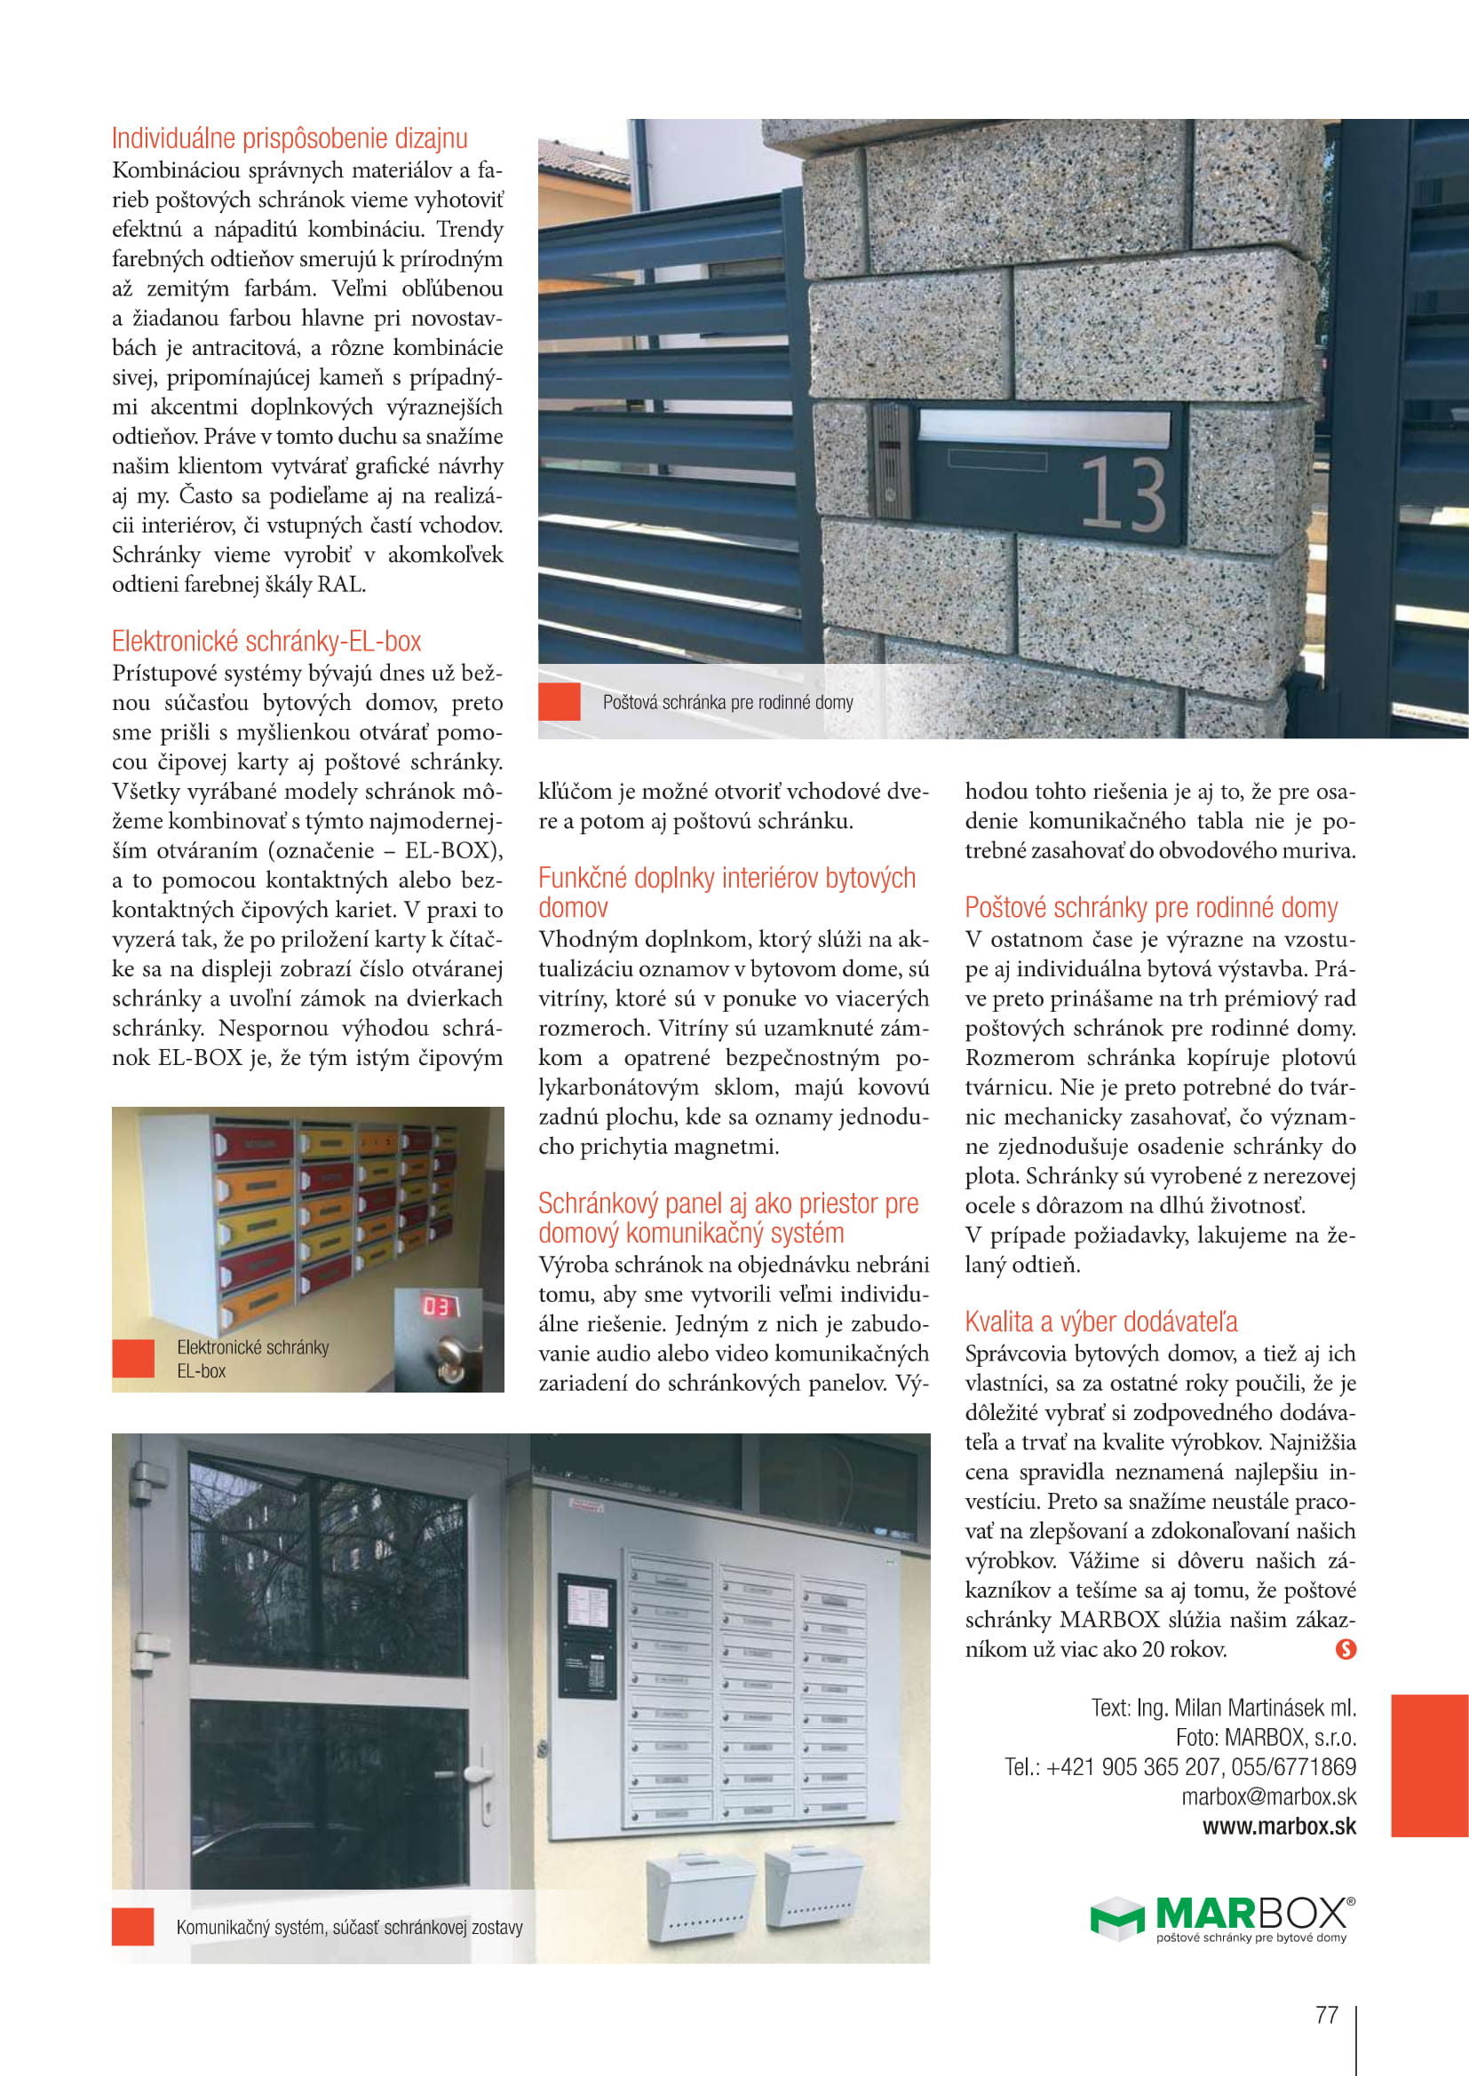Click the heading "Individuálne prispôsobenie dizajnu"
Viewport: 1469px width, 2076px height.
tap(290, 138)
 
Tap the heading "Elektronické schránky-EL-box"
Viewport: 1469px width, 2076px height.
tap(266, 641)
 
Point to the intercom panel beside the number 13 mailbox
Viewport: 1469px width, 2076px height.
tap(890, 461)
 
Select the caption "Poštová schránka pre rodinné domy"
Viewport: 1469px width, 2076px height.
tap(727, 703)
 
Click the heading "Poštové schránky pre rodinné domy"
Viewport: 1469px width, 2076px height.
tap(1150, 907)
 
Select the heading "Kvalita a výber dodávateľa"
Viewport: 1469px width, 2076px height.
tap(1100, 1321)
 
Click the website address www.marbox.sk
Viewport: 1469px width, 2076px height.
tap(1278, 1826)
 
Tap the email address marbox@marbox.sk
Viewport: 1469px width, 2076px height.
tap(1268, 1796)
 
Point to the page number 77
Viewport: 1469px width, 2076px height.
tap(1326, 2014)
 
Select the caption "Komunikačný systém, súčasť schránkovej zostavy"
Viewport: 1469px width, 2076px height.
tap(349, 1927)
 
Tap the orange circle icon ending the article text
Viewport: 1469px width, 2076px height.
tap(1345, 1649)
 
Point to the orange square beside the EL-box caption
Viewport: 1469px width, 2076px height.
tap(133, 1359)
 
